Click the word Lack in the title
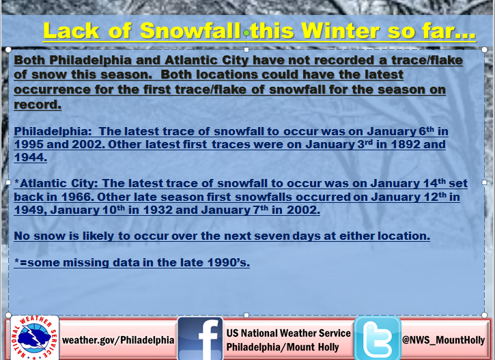coord(72,31)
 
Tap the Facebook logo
coord(200,338)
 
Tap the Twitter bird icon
coord(378,338)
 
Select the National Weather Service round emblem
coord(34,337)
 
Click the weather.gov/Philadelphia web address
coord(118,340)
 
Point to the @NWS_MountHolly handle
coord(444,340)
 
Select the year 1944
coord(30,157)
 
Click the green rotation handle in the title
coord(246,33)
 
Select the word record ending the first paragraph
coord(38,105)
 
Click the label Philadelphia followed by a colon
coord(53,131)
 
